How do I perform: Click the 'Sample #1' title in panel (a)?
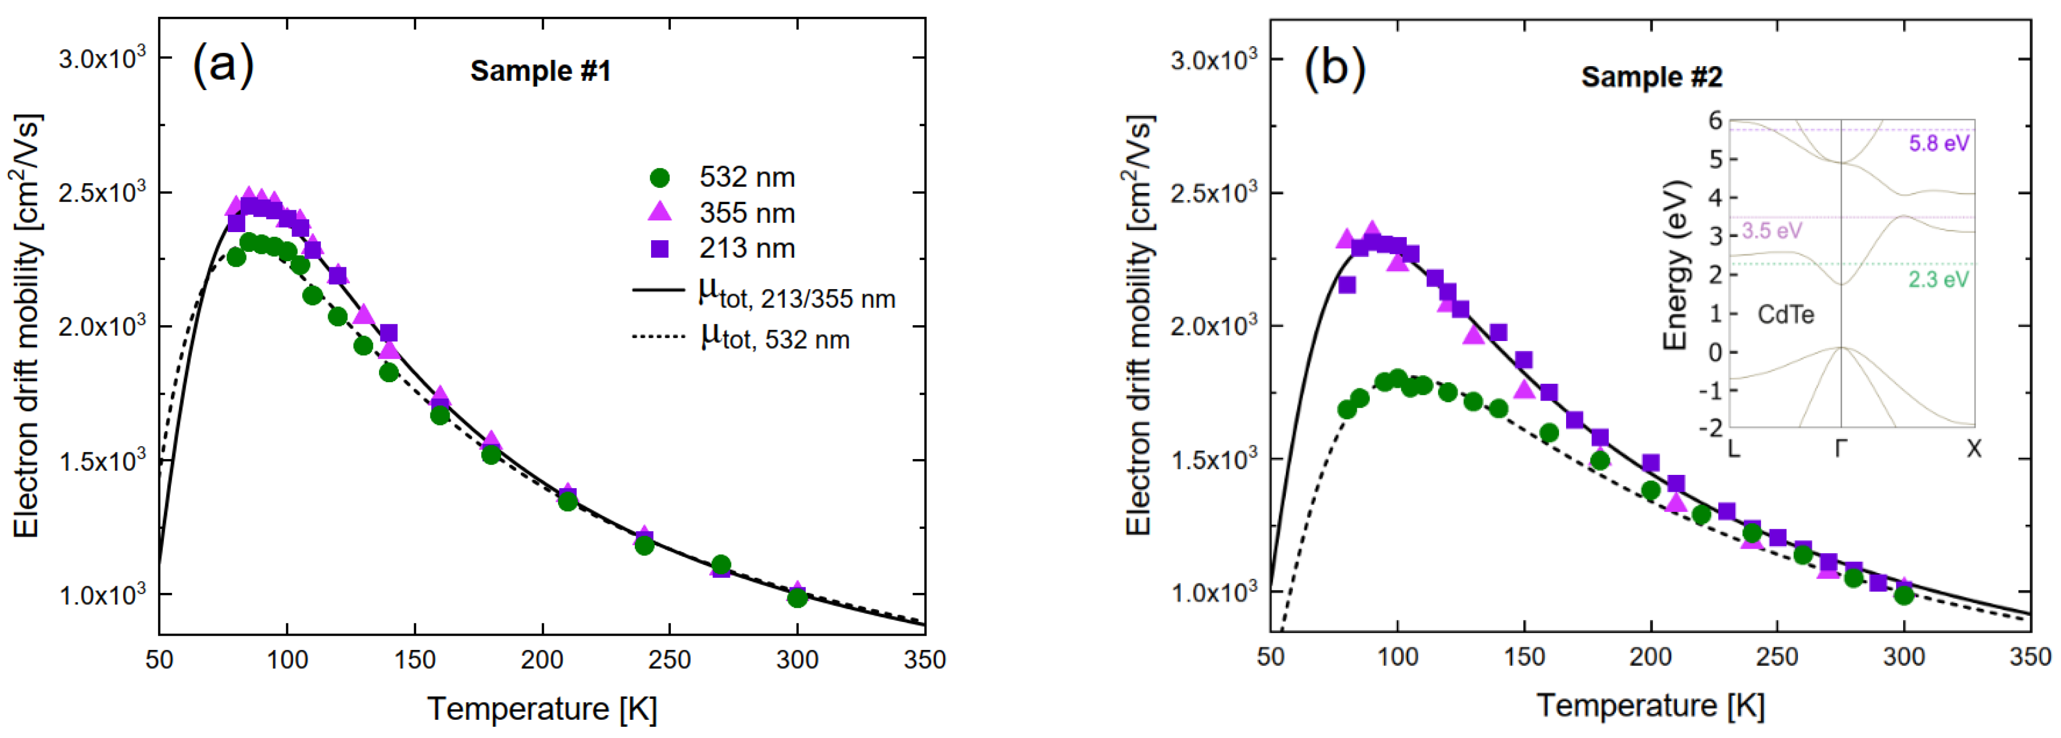540,71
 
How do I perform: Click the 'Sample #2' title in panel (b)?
1652,77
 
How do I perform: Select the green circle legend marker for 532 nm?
659,177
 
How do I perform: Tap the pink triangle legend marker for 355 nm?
659,212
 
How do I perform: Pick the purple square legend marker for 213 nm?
659,248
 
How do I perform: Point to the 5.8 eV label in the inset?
1938,144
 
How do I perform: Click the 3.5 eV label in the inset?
1772,232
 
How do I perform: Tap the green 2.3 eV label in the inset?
1938,279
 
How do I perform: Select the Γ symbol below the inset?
1841,449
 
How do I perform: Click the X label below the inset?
1974,449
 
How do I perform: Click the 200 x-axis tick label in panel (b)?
1651,657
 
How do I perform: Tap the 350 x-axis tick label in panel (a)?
925,660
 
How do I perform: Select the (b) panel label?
1335,68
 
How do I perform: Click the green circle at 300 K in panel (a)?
796,597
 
